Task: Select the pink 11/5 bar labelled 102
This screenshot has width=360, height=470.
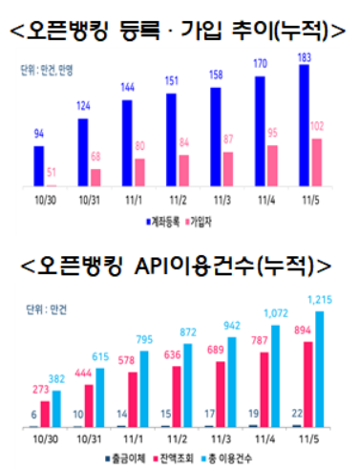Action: pos(316,161)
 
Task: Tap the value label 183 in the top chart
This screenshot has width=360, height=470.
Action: pos(305,57)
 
